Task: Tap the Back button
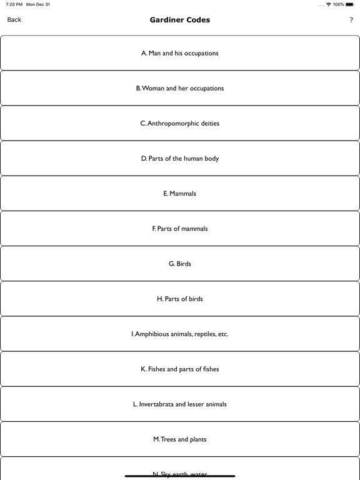point(14,20)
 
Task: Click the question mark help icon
point(351,21)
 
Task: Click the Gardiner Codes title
point(180,20)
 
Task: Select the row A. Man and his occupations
point(180,53)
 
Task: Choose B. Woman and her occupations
point(180,88)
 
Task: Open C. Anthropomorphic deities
point(180,123)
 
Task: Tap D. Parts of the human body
point(180,158)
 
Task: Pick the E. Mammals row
point(180,194)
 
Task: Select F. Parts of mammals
point(180,229)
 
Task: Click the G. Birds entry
point(180,264)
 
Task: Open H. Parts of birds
point(180,299)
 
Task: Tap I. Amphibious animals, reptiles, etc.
point(180,334)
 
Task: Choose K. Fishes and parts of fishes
point(180,369)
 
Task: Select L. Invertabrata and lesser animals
point(180,404)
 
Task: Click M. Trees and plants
point(180,439)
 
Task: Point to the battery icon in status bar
point(351,4)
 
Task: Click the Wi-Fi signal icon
point(329,4)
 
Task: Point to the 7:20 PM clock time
point(14,4)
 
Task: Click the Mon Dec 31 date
point(38,4)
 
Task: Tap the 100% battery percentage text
point(338,4)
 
